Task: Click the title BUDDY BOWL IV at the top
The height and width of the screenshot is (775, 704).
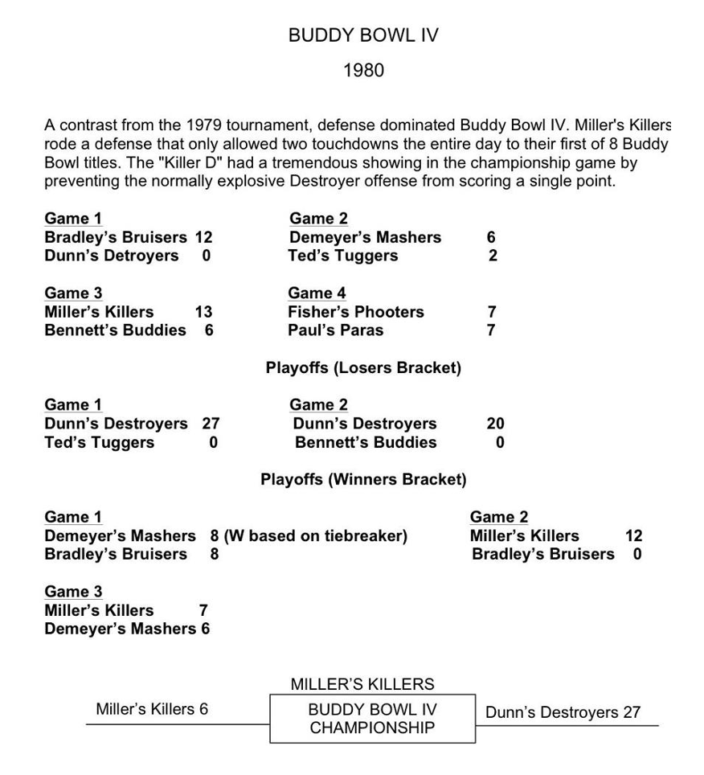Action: coord(363,36)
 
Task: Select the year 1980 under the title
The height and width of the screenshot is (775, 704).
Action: coord(363,71)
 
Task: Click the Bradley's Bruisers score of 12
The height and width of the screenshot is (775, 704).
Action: coord(203,237)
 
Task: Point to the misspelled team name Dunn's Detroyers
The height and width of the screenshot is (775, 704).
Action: coord(112,256)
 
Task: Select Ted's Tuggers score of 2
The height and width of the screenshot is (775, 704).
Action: coord(493,256)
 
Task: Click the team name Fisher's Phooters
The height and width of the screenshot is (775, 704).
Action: coord(356,312)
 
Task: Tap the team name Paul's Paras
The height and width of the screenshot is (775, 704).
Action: coord(336,330)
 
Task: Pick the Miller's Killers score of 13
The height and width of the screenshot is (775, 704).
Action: coord(203,312)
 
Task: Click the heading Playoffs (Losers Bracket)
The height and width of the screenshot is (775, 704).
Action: coord(363,368)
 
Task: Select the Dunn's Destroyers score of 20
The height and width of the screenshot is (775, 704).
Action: coord(496,424)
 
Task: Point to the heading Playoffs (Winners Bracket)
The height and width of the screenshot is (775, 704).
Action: coord(363,480)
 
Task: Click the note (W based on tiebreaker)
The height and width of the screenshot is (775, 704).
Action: coord(316,535)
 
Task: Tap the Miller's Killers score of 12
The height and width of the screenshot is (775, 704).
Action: coord(634,535)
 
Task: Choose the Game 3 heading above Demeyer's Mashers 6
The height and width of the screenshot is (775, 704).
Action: coord(73,592)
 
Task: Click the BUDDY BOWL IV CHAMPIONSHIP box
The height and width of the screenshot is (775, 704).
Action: coord(372,719)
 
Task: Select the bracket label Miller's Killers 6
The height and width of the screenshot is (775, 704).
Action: coord(152,709)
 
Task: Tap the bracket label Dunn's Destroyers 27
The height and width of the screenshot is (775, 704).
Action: coord(563,712)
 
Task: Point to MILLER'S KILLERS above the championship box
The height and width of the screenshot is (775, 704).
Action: coord(362,685)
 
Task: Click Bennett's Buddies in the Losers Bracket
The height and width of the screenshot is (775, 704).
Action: coord(366,442)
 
